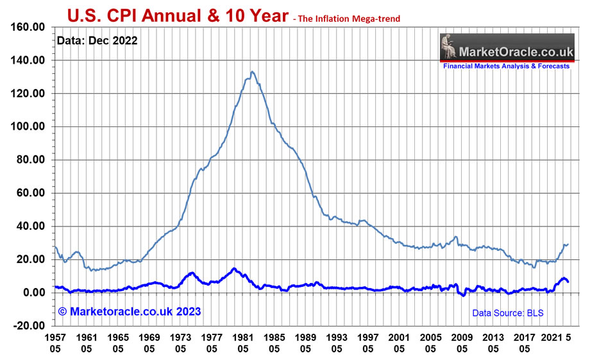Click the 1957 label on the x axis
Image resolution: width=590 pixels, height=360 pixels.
click(55, 336)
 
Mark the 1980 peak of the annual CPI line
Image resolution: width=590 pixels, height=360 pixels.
click(234, 268)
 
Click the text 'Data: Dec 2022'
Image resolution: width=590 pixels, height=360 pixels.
click(97, 41)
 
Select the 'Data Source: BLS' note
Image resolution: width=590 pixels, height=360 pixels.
click(508, 313)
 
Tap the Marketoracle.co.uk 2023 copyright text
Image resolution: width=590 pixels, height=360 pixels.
click(130, 312)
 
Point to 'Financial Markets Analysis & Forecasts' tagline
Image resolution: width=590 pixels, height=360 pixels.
click(506, 66)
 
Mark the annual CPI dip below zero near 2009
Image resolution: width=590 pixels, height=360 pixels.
click(463, 295)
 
